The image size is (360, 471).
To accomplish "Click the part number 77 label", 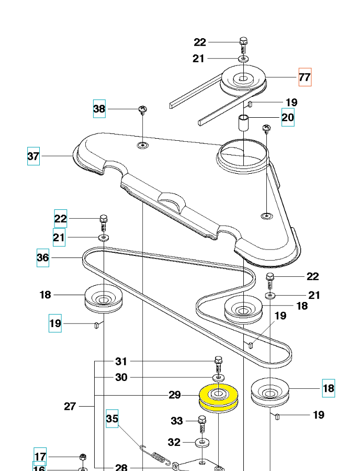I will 305,77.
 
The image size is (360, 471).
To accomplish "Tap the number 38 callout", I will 99,109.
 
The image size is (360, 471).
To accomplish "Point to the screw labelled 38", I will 142,109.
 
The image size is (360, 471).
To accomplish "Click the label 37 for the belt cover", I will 33,156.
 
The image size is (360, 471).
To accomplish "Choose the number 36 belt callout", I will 43,257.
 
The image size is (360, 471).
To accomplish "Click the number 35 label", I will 113,419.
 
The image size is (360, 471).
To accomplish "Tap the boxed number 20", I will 288,117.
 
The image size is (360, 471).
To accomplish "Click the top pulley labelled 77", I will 243,79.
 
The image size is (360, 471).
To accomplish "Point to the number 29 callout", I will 175,395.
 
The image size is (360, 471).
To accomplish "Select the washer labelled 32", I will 201,443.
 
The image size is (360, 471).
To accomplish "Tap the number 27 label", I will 70,406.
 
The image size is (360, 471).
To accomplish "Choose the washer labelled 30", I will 218,377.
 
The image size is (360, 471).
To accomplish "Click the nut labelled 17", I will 83,457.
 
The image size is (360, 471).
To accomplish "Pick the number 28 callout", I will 121,467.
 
